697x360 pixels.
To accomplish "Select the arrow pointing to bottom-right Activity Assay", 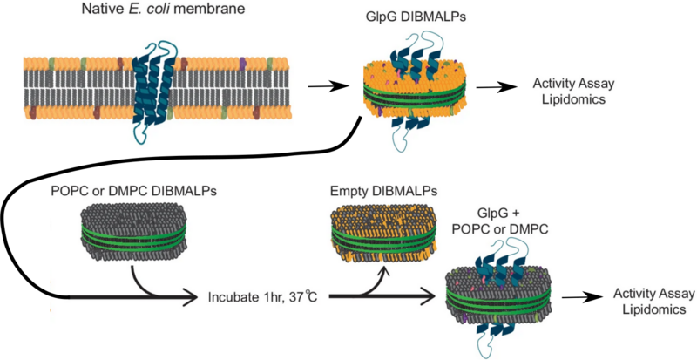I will [582, 297].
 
